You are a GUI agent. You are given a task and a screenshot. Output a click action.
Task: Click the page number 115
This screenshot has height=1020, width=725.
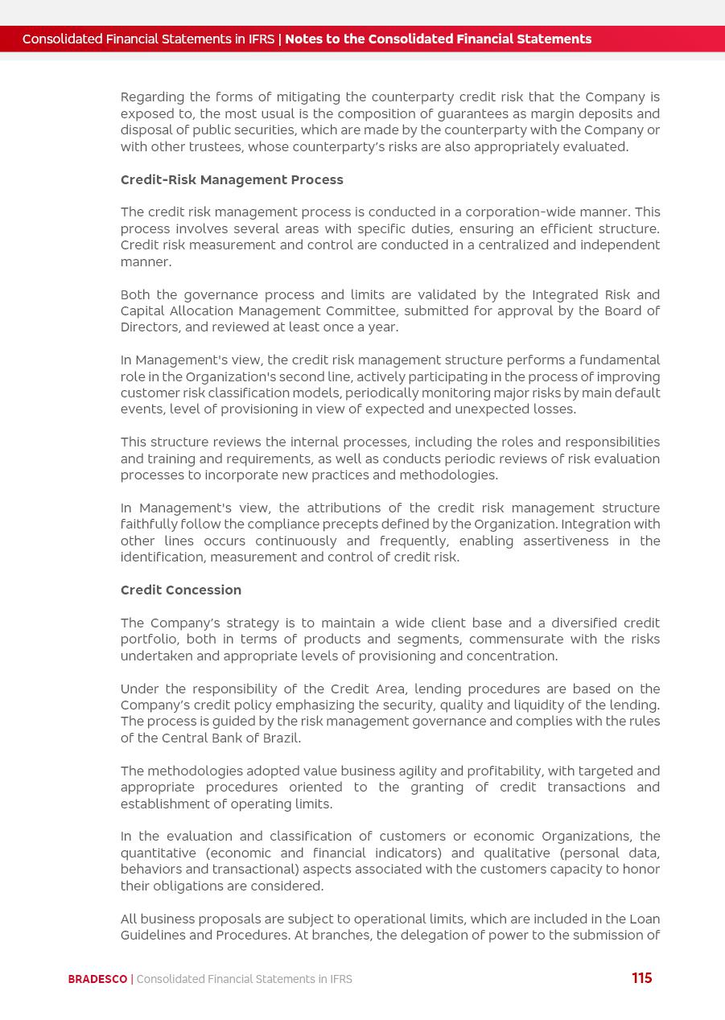[641, 978]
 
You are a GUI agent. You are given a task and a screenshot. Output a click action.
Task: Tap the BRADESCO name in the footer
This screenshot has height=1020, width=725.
[97, 979]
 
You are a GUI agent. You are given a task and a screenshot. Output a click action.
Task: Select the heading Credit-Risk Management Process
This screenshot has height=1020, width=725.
[232, 179]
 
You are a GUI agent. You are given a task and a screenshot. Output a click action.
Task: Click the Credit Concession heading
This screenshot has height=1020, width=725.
[181, 590]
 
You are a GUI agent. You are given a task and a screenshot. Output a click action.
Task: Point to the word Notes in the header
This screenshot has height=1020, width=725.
[304, 39]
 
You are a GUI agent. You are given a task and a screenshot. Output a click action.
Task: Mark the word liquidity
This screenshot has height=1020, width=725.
[538, 705]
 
